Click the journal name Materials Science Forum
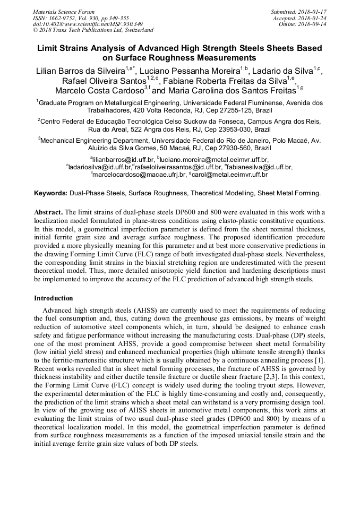pos(64,12)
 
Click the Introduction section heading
pos(54,298)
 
